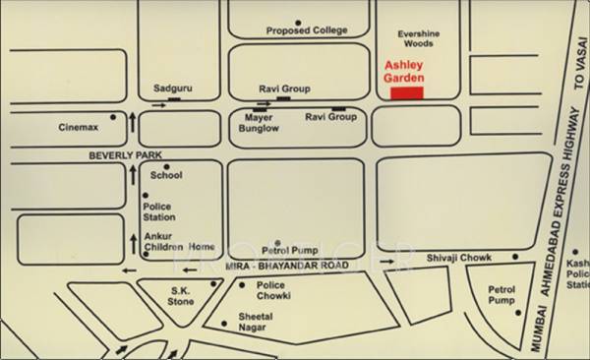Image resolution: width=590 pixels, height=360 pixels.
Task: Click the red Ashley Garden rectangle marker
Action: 407,93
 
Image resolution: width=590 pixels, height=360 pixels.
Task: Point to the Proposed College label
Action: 307,31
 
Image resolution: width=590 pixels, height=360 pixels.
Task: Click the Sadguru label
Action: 173,89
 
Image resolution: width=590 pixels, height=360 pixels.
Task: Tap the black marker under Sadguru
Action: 174,98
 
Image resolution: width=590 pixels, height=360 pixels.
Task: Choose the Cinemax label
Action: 78,127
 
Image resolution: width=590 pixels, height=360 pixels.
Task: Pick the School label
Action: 167,175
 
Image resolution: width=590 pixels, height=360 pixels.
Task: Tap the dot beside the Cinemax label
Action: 113,117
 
